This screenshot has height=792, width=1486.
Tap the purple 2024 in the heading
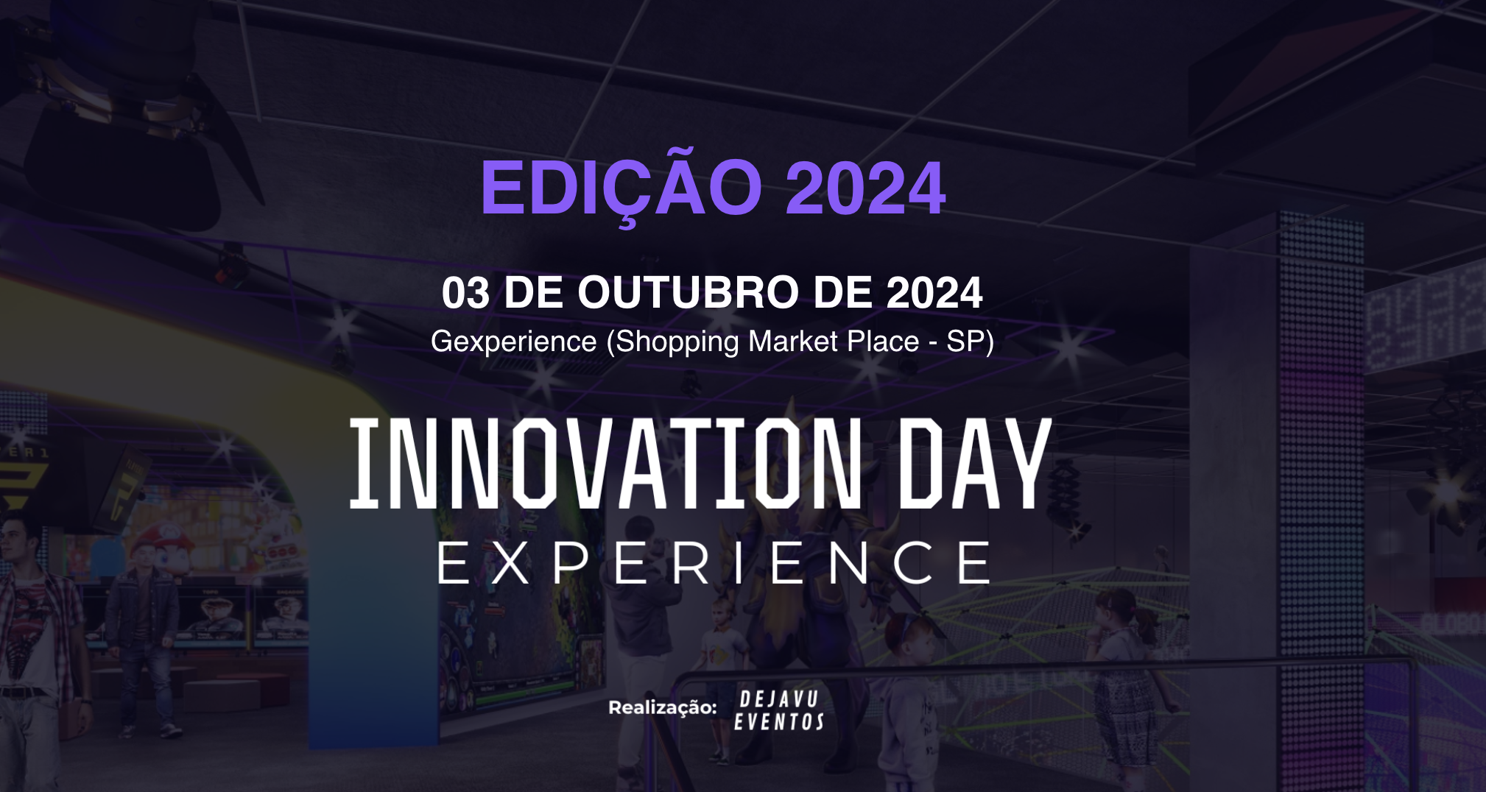click(865, 188)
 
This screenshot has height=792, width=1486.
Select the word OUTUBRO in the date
click(689, 292)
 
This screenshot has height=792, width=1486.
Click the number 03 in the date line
click(465, 293)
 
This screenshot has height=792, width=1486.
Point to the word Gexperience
click(514, 342)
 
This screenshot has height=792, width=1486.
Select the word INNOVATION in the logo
click(605, 463)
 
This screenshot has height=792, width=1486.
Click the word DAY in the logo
click(976, 463)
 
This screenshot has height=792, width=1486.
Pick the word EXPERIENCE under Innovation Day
click(714, 562)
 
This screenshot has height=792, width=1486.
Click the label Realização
click(662, 707)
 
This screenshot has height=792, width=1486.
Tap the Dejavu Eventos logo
click(779, 710)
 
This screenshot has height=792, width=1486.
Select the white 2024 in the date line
click(934, 293)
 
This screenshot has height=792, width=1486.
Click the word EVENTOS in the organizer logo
click(779, 722)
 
